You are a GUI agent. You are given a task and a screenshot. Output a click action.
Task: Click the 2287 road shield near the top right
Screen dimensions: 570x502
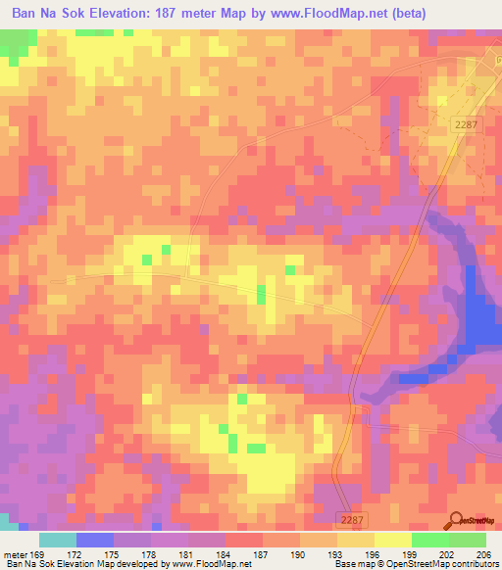(x=467, y=122)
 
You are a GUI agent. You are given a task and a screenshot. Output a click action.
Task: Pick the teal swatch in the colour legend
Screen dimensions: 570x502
(x=58, y=540)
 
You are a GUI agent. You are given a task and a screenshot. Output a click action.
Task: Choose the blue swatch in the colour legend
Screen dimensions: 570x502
(x=95, y=540)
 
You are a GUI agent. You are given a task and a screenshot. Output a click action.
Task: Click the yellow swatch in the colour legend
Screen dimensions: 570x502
(x=393, y=540)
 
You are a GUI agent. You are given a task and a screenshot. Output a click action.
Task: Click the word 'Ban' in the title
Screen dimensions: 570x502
(x=25, y=13)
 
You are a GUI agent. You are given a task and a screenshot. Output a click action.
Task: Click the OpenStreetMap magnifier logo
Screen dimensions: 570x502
(x=456, y=521)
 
